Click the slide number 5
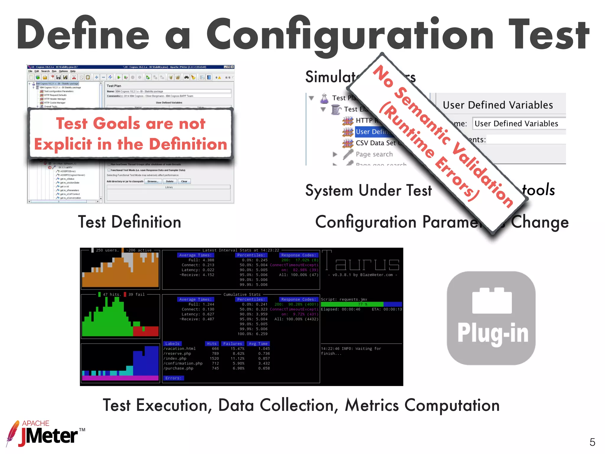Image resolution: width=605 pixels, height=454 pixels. point(592,442)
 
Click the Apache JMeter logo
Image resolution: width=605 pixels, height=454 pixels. point(44,434)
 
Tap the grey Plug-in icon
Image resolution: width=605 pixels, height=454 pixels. point(491,318)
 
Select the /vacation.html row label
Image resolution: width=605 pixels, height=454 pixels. point(179,349)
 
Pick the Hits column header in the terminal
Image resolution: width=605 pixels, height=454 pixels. point(212,344)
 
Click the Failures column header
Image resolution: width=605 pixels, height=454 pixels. point(232,344)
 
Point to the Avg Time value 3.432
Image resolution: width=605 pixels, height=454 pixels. point(264,364)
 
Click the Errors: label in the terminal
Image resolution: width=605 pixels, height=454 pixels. point(173,378)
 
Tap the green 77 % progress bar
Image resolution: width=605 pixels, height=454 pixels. point(352,304)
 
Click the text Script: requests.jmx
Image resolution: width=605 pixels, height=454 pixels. point(344,299)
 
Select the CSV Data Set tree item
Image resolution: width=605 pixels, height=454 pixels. point(375,143)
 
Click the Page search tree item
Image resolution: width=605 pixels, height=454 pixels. point(374,154)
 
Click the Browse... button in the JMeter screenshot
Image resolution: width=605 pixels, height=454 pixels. point(153,181)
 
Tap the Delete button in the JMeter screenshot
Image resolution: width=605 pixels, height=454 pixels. point(170,181)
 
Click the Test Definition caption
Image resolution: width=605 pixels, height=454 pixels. point(129,222)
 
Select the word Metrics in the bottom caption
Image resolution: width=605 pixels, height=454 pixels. point(372,405)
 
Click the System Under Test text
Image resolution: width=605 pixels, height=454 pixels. point(368,190)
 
